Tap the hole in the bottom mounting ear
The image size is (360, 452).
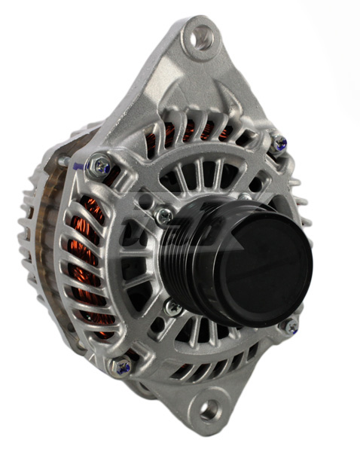point(209,409)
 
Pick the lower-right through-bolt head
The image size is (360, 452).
point(290,326)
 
